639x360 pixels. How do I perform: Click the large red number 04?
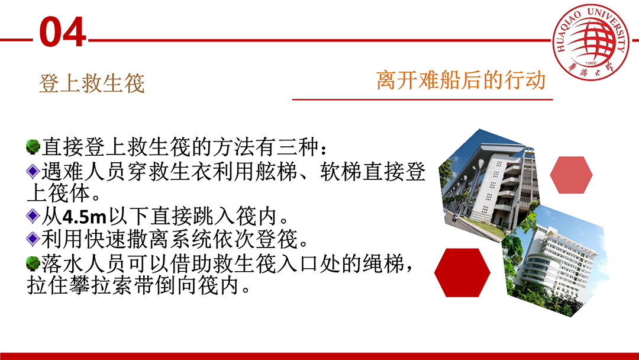coord(62,31)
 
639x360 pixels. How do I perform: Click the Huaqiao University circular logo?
coord(590,41)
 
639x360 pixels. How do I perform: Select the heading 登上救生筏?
coord(92,83)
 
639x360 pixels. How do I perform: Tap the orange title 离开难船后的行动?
coord(461,79)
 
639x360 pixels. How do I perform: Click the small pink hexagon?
coord(571,175)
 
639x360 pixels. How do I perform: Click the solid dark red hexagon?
coord(462,272)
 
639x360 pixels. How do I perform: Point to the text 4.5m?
coord(85,216)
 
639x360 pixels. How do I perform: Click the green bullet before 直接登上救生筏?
coord(33,147)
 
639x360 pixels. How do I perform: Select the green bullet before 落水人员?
coord(33,263)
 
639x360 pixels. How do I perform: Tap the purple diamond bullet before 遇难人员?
coord(33,171)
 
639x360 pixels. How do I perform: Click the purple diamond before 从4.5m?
coord(33,216)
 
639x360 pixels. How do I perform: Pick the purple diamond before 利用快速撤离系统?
coord(33,239)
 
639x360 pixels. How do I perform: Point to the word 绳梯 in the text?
coord(383,263)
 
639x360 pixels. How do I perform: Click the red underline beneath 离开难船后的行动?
coord(422,99)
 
